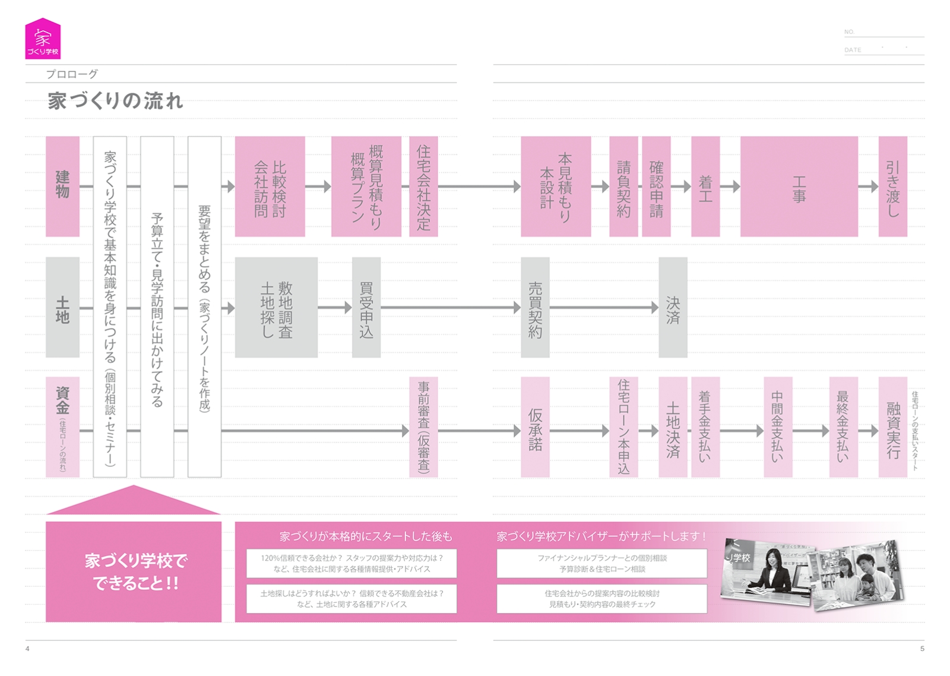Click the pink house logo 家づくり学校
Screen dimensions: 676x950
tap(43, 39)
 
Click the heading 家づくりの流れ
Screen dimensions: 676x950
tap(115, 101)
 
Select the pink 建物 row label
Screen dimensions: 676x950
tap(62, 186)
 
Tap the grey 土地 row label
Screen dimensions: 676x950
tap(62, 307)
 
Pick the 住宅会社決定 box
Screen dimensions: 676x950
tap(423, 186)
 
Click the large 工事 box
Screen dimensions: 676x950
tap(799, 186)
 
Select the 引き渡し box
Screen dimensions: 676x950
tap(892, 186)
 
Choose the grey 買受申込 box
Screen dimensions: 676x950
tap(366, 307)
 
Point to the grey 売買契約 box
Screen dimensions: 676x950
tap(535, 307)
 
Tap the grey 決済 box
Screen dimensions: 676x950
tap(673, 307)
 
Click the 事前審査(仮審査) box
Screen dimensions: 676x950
tap(423, 427)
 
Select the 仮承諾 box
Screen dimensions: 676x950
tap(535, 427)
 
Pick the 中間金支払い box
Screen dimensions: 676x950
tap(777, 427)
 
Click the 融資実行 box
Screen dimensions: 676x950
tap(892, 427)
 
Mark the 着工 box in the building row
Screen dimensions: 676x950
tap(705, 186)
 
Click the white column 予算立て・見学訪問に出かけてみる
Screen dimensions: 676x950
tap(157, 307)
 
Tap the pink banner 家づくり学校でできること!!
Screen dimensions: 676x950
tap(134, 571)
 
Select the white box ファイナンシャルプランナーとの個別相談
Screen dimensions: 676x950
tap(601, 563)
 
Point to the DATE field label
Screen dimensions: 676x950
tap(853, 50)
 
